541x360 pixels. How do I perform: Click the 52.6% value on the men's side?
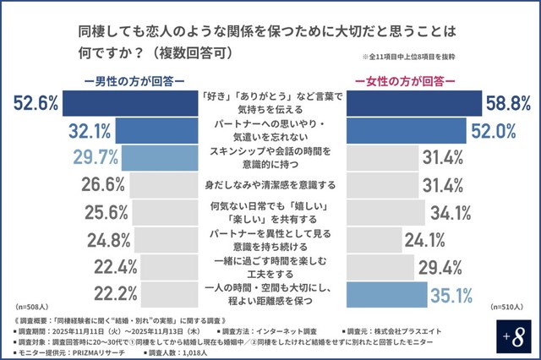coord(36,103)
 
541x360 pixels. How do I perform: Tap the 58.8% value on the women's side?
coord(507,103)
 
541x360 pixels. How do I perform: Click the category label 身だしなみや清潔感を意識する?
coord(270,184)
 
